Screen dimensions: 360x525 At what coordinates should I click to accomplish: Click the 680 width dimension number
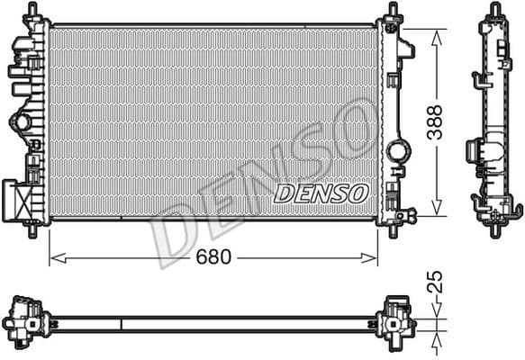click(x=213, y=257)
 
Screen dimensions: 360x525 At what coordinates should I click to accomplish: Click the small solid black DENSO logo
click(x=321, y=193)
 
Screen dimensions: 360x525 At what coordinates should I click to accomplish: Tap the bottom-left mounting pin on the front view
click(x=34, y=231)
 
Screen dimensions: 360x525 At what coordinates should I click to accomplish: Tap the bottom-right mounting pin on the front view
click(x=394, y=231)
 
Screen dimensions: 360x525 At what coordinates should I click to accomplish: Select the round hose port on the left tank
click(x=19, y=122)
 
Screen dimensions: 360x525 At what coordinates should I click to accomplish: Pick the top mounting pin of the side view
click(x=494, y=10)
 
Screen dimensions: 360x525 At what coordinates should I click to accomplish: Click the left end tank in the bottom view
click(x=25, y=319)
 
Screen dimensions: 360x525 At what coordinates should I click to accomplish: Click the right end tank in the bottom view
click(x=396, y=319)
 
